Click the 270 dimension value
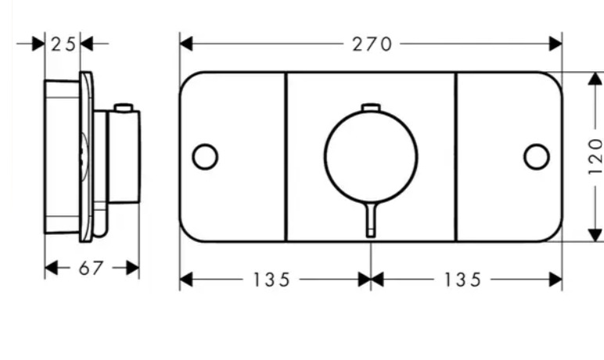(x=372, y=44)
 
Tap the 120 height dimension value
(x=595, y=157)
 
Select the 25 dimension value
(x=63, y=45)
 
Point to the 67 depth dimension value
(x=91, y=268)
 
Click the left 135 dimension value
(x=271, y=280)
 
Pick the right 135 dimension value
(x=462, y=280)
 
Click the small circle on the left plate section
(x=205, y=157)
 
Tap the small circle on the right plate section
(x=537, y=157)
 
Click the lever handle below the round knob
(x=371, y=220)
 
